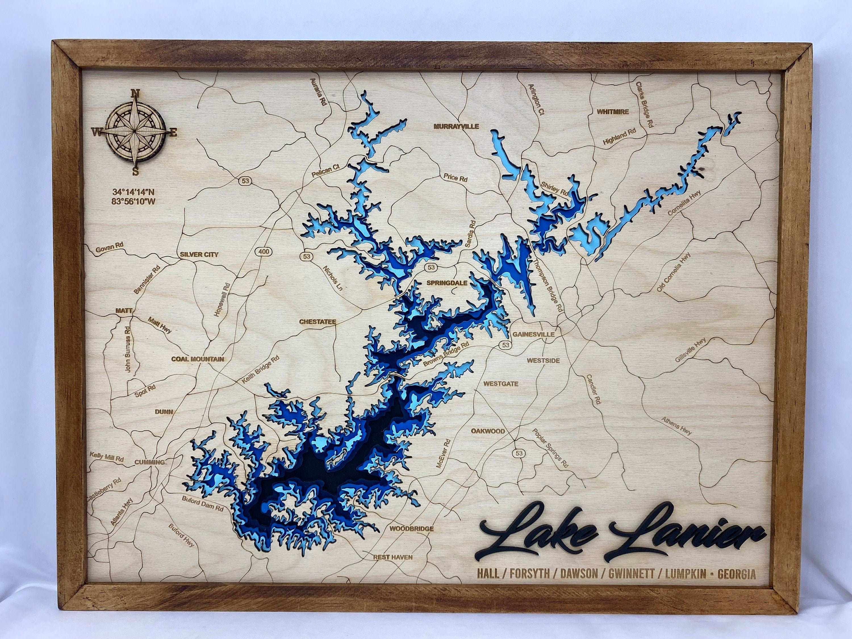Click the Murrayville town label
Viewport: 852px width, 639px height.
click(x=456, y=126)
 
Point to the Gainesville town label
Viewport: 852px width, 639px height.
click(x=533, y=334)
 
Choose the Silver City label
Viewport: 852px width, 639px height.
click(x=199, y=254)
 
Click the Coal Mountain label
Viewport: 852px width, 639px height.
click(x=198, y=359)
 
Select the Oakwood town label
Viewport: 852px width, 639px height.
click(x=488, y=431)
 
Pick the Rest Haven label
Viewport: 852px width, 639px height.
click(x=393, y=557)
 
